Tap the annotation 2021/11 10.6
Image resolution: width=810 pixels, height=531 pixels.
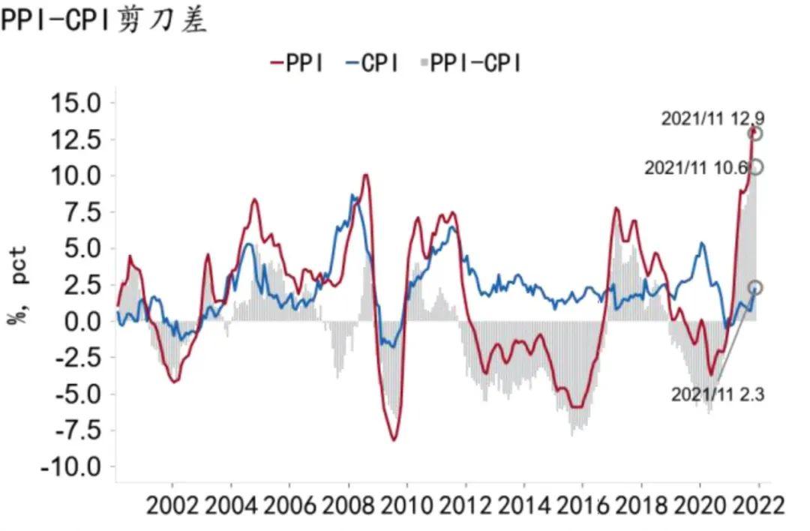click(x=695, y=169)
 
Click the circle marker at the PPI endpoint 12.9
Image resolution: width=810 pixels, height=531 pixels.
click(x=755, y=133)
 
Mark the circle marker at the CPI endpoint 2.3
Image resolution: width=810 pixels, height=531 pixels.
click(x=755, y=288)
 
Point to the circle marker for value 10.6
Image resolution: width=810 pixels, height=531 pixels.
click(x=756, y=167)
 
